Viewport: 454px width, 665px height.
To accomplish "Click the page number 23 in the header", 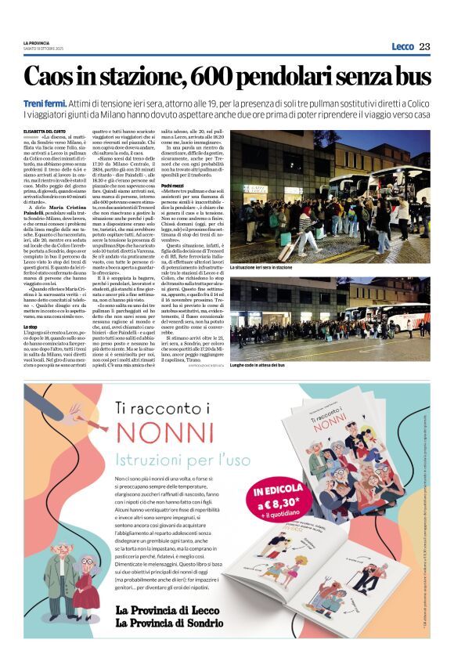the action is pos(423,47).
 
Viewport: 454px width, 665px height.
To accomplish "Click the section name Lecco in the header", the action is pos(402,47).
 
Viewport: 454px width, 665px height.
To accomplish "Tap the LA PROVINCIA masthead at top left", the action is pos(36,42).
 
